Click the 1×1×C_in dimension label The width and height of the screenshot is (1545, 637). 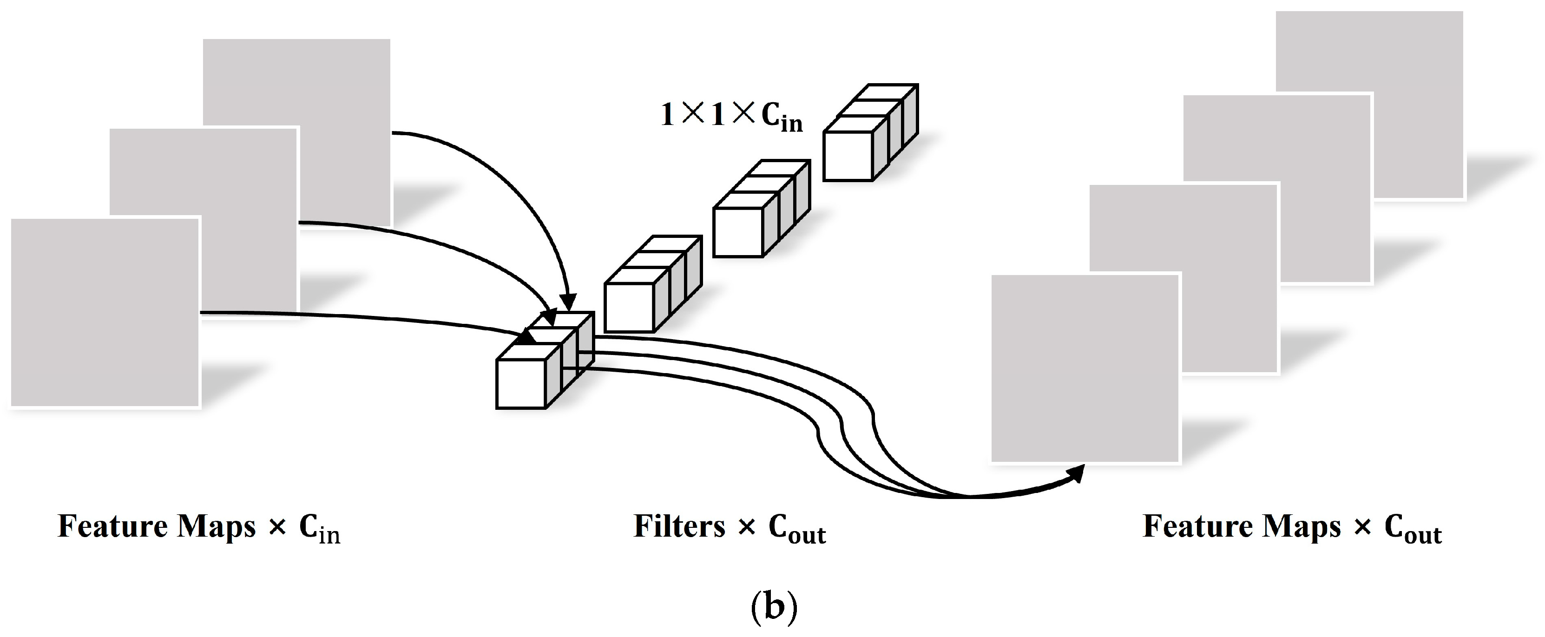click(x=730, y=115)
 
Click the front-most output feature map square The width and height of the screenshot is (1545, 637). click(x=1085, y=368)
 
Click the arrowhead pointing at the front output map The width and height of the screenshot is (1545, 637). click(x=1077, y=474)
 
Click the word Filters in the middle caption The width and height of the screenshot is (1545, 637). click(x=679, y=526)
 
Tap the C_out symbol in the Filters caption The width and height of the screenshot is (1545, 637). click(x=796, y=529)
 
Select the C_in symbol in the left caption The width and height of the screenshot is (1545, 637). click(x=319, y=529)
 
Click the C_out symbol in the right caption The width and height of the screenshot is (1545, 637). click(x=1413, y=529)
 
